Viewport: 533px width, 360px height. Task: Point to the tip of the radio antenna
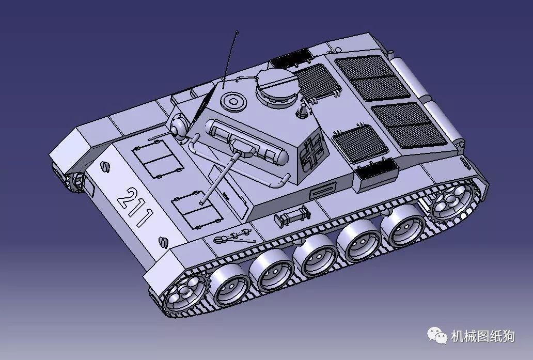[237, 33]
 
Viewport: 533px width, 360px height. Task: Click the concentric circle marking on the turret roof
[233, 100]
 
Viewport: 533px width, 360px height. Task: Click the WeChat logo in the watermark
[436, 336]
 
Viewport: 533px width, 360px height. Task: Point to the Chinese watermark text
[482, 336]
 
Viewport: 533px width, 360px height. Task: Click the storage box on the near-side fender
[377, 173]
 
